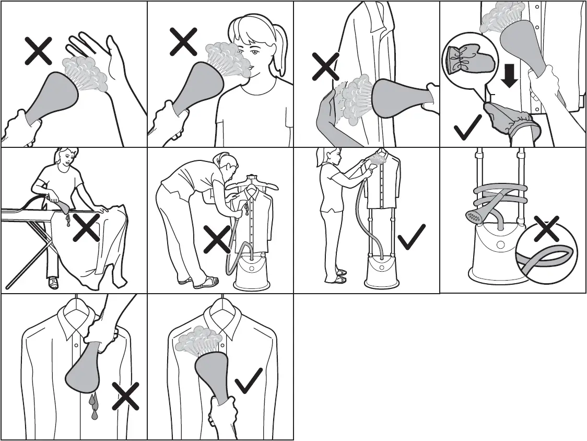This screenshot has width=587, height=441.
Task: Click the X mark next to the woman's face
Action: pyautogui.click(x=183, y=41)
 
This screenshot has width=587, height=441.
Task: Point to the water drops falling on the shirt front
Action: pyautogui.click(x=94, y=405)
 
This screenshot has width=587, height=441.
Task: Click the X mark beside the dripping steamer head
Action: pyautogui.click(x=125, y=396)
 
